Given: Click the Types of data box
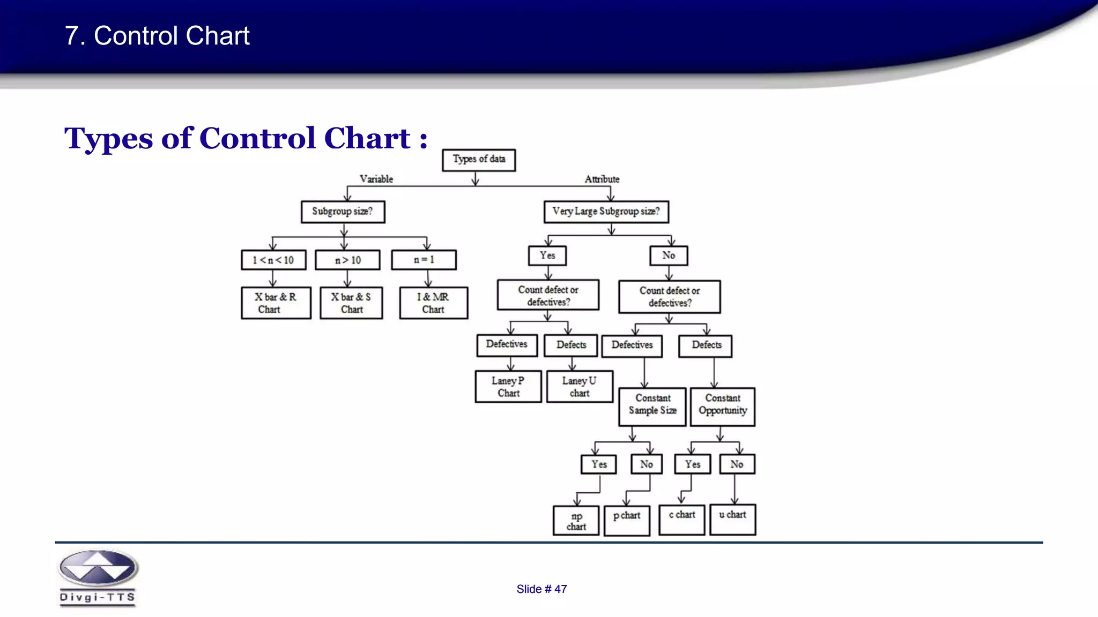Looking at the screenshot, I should [x=479, y=160].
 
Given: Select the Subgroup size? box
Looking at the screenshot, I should [x=343, y=212].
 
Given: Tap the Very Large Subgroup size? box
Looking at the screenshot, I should [x=606, y=212].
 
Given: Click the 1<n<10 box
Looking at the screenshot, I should [x=273, y=260].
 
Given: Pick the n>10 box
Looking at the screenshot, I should [x=347, y=260].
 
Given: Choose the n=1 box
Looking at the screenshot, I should [x=424, y=260].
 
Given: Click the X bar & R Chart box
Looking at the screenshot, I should [x=276, y=303].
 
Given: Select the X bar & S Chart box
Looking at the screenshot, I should [x=351, y=303].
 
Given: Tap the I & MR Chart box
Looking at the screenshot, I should [x=433, y=303].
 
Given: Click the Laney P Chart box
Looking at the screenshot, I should [x=508, y=387].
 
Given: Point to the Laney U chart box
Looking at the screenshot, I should [x=580, y=387].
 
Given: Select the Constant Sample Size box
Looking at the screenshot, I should [x=652, y=407].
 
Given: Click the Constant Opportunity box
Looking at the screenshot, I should [x=722, y=407].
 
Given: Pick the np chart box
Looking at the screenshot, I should [x=576, y=521].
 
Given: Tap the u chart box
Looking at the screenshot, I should [x=732, y=520].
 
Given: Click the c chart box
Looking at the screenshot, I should [x=681, y=520].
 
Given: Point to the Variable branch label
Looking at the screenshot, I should [x=376, y=179].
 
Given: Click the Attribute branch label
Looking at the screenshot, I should [x=602, y=179].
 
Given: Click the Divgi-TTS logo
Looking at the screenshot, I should [x=98, y=577].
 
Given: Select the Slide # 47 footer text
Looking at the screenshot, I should [x=541, y=589].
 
